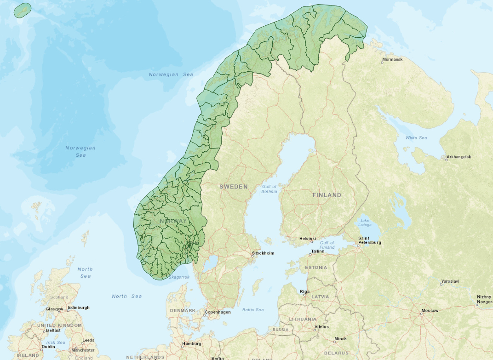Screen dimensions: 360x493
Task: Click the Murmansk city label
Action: pyautogui.click(x=392, y=60)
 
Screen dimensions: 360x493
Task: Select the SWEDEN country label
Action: pyautogui.click(x=233, y=187)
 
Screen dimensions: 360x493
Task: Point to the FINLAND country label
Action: pyautogui.click(x=327, y=195)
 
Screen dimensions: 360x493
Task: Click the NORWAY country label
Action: pyautogui.click(x=173, y=221)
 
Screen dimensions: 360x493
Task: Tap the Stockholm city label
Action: pyautogui.click(x=263, y=253)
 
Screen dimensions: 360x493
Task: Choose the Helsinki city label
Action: pyautogui.click(x=307, y=239)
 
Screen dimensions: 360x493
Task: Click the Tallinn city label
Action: pyautogui.click(x=317, y=251)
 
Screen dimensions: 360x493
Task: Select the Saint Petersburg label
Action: pyautogui.click(x=370, y=240)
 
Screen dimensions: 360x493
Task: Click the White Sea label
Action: pyautogui.click(x=416, y=138)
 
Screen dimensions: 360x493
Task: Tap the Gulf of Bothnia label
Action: pyautogui.click(x=269, y=189)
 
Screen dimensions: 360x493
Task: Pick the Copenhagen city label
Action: pyautogui.click(x=218, y=312)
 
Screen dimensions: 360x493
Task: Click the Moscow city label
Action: pyautogui.click(x=430, y=310)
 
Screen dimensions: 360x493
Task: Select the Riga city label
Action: pyautogui.click(x=304, y=291)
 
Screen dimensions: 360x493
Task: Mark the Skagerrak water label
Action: pyautogui.click(x=178, y=277)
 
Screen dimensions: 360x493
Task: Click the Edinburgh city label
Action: pyautogui.click(x=79, y=308)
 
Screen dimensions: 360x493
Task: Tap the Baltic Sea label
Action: pyautogui.click(x=253, y=310)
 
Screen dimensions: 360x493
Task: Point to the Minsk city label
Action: pyautogui.click(x=340, y=339)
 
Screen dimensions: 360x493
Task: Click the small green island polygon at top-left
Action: pyautogui.click(x=23, y=10)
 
